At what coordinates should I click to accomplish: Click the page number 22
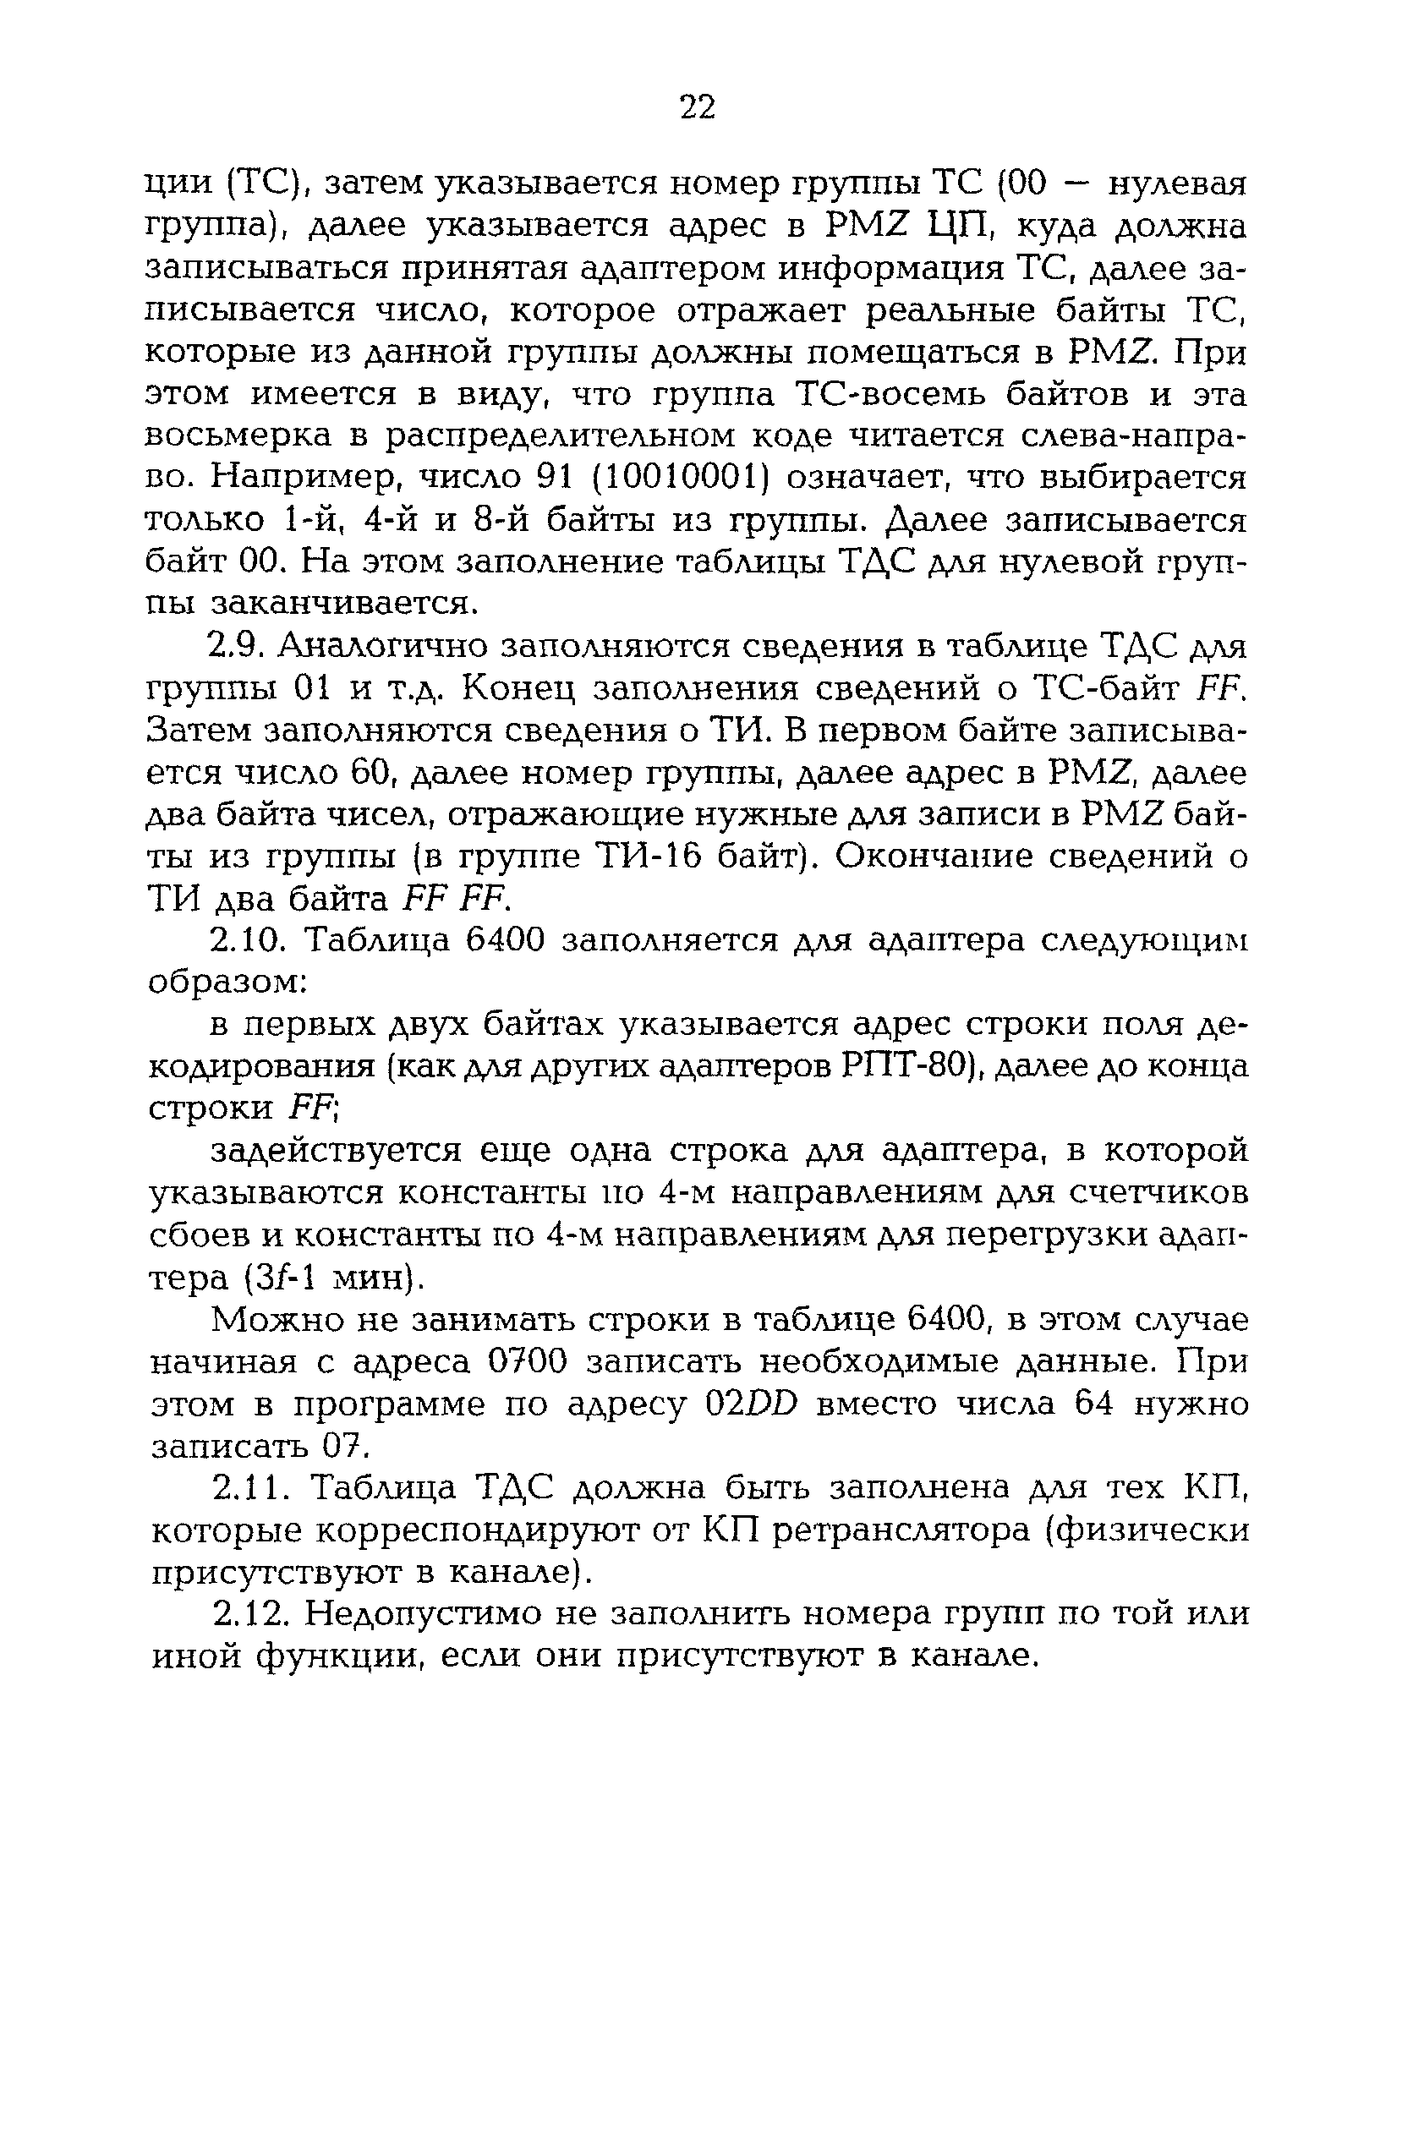click(698, 107)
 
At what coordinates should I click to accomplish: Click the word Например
click(301, 480)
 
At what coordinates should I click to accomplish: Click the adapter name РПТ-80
click(906, 1066)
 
